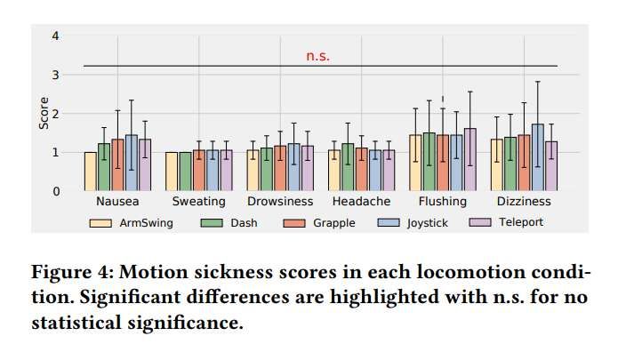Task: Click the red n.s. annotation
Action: tap(317, 56)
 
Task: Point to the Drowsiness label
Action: tap(280, 202)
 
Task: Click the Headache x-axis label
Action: tap(361, 202)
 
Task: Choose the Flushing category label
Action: tap(442, 202)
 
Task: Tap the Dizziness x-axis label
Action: tap(524, 202)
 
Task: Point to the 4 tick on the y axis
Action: tap(56, 36)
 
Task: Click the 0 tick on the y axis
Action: tap(56, 190)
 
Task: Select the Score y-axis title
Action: tap(43, 113)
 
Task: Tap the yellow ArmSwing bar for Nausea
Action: tap(91, 171)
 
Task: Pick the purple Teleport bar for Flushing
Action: tap(469, 160)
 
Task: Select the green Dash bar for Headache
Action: tap(348, 167)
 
